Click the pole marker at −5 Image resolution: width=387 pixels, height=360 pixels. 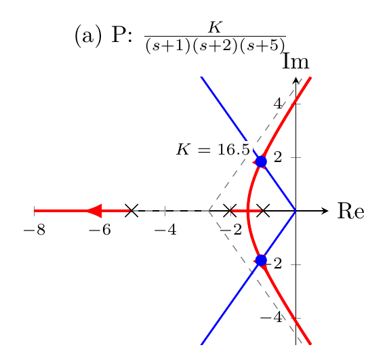(x=131, y=211)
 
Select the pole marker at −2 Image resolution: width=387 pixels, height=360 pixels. (x=230, y=211)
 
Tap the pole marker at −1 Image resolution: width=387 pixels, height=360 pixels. (x=263, y=211)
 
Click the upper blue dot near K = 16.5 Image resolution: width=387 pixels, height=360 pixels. (x=261, y=162)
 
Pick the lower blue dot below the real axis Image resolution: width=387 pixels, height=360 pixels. (x=261, y=260)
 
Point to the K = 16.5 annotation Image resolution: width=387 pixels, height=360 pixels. (x=213, y=149)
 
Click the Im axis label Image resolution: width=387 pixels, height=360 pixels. (x=296, y=61)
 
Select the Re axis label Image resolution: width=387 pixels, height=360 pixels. (x=350, y=211)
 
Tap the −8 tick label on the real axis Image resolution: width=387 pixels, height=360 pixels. (x=35, y=230)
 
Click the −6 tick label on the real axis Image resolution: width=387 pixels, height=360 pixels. (x=100, y=230)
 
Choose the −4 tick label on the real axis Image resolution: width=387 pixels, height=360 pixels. (x=165, y=230)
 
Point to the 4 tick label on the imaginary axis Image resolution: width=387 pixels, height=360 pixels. (x=278, y=104)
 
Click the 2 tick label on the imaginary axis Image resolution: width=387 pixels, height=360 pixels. (x=278, y=157)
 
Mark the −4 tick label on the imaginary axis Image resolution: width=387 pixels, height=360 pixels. (x=271, y=317)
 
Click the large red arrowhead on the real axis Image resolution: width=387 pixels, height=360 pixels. (x=94, y=211)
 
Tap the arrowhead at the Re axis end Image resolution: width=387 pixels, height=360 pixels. (x=325, y=211)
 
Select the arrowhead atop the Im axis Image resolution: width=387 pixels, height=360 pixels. (x=296, y=81)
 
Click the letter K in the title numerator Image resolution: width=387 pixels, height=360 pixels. (x=216, y=27)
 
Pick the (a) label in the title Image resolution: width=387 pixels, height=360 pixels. (x=88, y=37)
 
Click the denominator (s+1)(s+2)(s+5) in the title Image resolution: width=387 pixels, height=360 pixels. (x=216, y=46)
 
